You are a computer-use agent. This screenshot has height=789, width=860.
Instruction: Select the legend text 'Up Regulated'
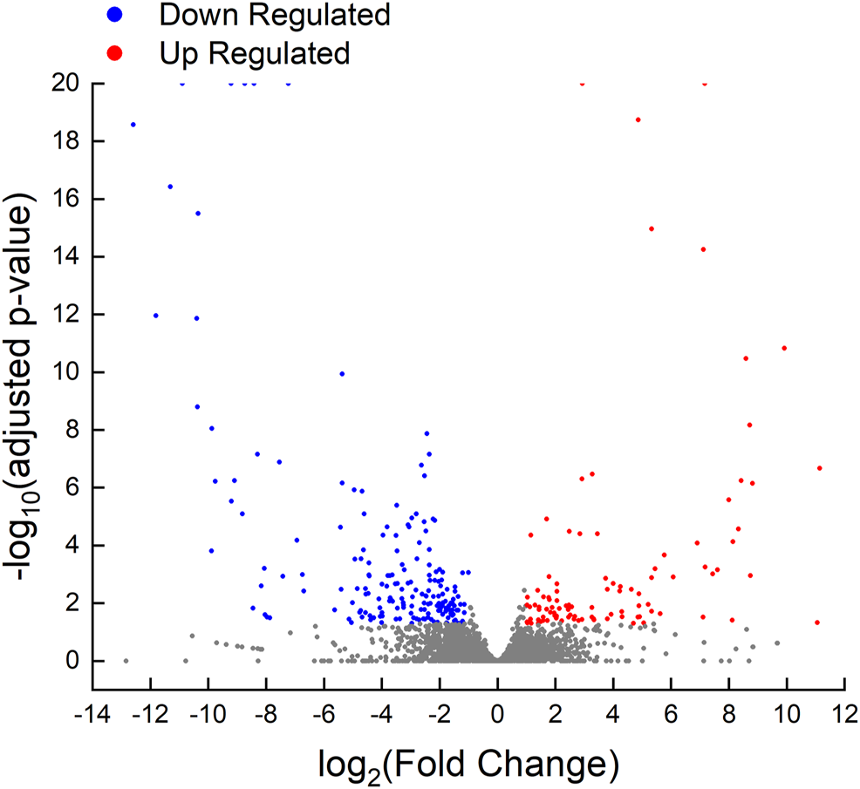point(254,54)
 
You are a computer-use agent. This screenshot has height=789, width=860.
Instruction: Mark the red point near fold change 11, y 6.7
point(820,468)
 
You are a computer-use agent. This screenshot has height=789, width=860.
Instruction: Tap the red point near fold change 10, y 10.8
point(784,348)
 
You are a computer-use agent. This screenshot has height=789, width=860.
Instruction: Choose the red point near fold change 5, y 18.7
point(638,119)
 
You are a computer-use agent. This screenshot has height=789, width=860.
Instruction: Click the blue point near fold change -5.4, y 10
point(342,373)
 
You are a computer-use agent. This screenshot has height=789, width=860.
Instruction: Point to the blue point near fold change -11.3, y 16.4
point(170,187)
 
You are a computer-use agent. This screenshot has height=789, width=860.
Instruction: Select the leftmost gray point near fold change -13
point(126,661)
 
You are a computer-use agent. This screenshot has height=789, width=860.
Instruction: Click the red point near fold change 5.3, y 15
point(652,228)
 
